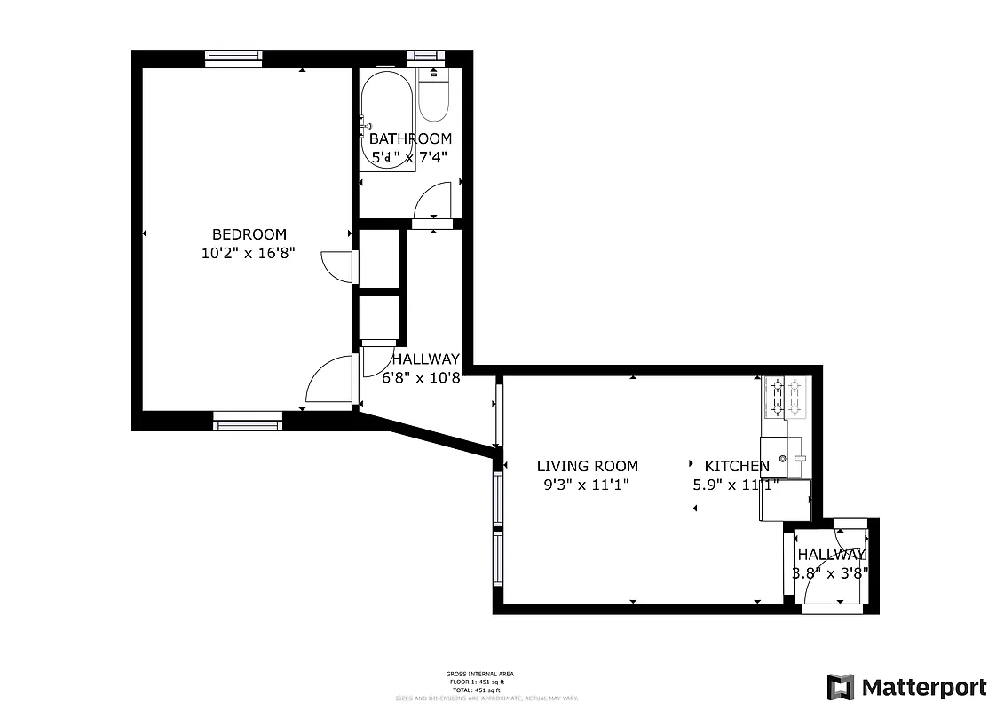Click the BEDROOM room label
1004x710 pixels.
pyautogui.click(x=249, y=234)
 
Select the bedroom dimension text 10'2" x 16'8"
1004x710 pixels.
pyautogui.click(x=249, y=253)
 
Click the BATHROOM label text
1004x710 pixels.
pyautogui.click(x=410, y=138)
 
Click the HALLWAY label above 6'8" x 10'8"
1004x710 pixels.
pyautogui.click(x=426, y=359)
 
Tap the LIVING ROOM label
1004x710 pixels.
pyautogui.click(x=587, y=466)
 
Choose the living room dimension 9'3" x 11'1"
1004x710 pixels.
pyautogui.click(x=587, y=485)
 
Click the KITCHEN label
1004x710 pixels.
pyautogui.click(x=736, y=466)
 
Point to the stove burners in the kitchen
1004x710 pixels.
pyautogui.click(x=786, y=397)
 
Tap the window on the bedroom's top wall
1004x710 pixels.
pyautogui.click(x=233, y=59)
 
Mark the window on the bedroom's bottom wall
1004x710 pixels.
pyautogui.click(x=248, y=421)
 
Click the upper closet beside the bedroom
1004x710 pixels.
pyautogui.click(x=379, y=257)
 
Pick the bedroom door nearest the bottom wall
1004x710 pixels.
pyautogui.click(x=330, y=382)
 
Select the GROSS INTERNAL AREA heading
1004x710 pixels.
pyautogui.click(x=479, y=674)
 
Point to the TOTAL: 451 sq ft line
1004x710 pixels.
pyautogui.click(x=479, y=690)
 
